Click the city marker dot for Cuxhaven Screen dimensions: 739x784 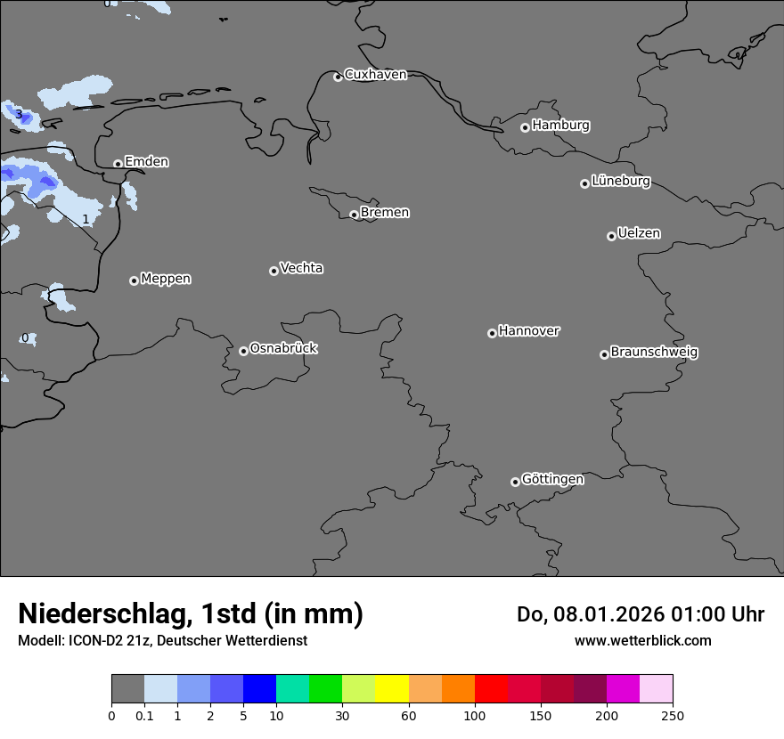[x=338, y=77]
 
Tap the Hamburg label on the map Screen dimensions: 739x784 [x=560, y=126]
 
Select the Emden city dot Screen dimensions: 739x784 [x=118, y=164]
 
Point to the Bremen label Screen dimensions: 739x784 [x=385, y=213]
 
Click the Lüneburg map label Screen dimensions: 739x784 [x=620, y=182]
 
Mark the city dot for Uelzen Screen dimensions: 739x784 [x=611, y=236]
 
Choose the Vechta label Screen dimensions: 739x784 [x=301, y=268]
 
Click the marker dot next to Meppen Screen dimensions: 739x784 [x=134, y=280]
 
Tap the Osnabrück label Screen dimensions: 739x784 [x=283, y=348]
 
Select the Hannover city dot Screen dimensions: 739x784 [x=492, y=333]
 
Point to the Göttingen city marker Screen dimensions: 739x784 [x=515, y=482]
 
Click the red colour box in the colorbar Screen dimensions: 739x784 [x=491, y=689]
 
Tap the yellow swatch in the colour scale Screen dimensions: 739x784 [x=392, y=689]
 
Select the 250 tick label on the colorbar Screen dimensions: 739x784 [x=673, y=715]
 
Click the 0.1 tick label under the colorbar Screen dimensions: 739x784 [x=144, y=715]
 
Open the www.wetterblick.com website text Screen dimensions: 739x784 [x=642, y=640]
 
